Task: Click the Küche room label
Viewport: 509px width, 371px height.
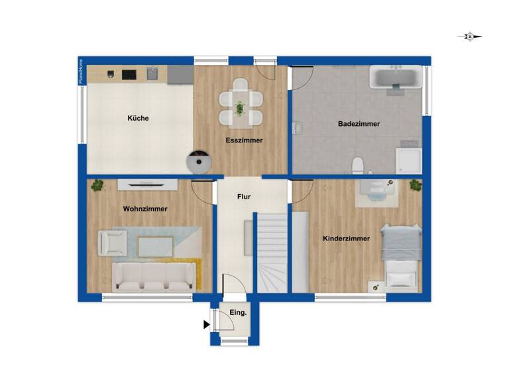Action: tap(138, 119)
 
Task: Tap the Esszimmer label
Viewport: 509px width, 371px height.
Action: tap(244, 140)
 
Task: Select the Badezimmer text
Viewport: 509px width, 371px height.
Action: tap(359, 124)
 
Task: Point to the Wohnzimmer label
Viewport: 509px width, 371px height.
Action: tap(145, 209)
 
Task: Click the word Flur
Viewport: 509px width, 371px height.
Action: tap(244, 197)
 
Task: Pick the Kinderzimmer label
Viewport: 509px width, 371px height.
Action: tap(346, 238)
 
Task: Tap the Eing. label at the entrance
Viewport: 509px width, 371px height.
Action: tap(238, 312)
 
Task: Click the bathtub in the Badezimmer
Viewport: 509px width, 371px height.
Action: tap(395, 78)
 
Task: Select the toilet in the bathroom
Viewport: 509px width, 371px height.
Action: tap(358, 164)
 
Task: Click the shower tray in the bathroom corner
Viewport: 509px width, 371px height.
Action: tap(408, 160)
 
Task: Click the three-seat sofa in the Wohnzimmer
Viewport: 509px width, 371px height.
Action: tap(154, 275)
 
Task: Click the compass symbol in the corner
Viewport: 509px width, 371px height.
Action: tap(469, 37)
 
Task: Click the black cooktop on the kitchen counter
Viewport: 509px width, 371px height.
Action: tap(128, 74)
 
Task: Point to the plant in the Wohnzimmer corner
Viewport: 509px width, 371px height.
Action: tap(98, 185)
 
